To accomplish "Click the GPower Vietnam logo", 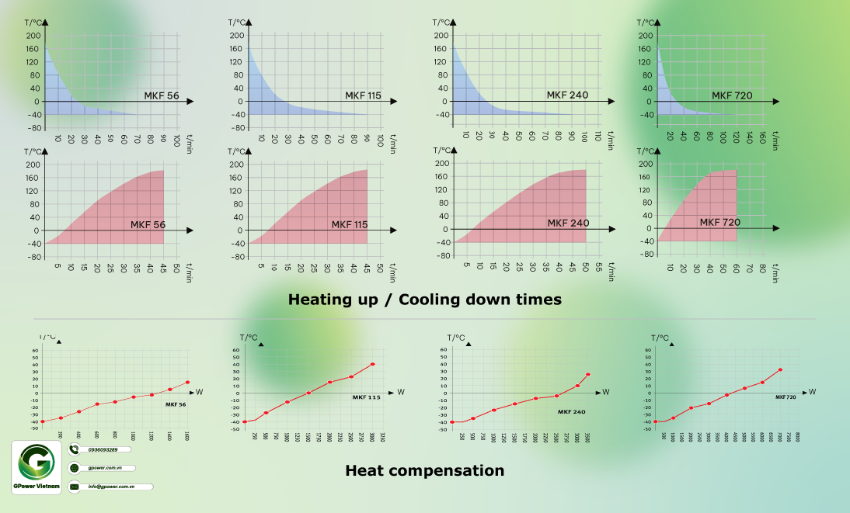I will click(37, 465).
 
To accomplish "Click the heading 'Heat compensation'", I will click(424, 470).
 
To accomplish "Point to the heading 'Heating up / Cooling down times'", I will click(424, 299).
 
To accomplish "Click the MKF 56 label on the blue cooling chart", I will click(161, 95).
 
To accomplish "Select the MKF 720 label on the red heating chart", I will click(719, 222).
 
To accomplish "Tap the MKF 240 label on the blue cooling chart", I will click(567, 95).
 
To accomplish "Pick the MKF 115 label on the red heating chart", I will click(350, 225).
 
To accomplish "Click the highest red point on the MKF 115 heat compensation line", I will click(373, 364).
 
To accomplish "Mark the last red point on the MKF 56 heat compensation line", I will click(187, 382).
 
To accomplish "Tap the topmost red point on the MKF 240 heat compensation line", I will click(588, 375).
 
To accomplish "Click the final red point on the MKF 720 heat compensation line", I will click(780, 369).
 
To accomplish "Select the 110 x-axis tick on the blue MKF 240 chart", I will click(597, 136).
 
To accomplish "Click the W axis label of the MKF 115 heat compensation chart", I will click(400, 392).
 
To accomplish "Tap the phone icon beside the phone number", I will click(75, 449).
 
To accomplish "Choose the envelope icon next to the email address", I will click(75, 487).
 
